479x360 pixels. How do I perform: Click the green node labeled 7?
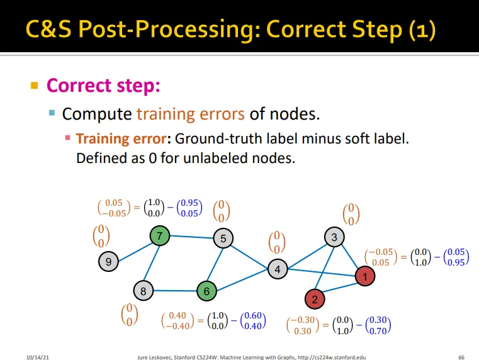click(160, 237)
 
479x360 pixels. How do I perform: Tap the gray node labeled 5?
click(223, 239)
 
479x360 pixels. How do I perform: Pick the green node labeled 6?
click(206, 291)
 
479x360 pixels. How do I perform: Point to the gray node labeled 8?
click(144, 291)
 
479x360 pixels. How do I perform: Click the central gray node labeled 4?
click(278, 269)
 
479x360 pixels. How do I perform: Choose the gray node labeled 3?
click(334, 237)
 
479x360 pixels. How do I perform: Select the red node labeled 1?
click(364, 276)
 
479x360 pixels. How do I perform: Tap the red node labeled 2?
click(315, 298)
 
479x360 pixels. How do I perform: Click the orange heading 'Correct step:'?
click(104, 85)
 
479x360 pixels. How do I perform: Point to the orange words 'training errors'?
click(190, 114)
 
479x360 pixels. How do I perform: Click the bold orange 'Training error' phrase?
click(123, 138)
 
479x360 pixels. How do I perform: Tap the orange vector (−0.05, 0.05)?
click(382, 257)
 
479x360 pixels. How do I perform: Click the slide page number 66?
click(461, 356)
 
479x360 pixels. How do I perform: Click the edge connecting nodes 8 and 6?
click(175, 291)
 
